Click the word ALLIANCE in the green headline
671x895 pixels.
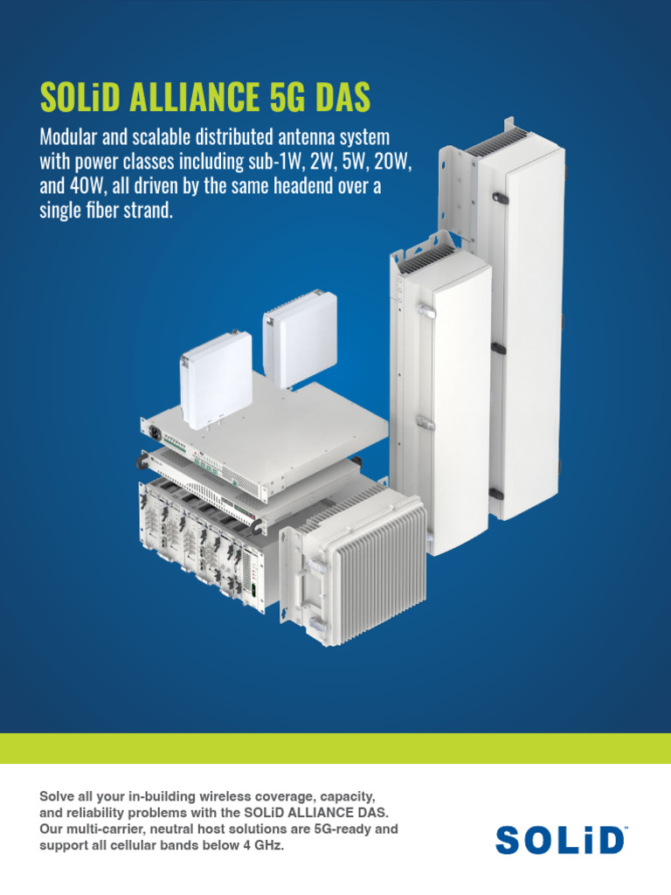(x=194, y=96)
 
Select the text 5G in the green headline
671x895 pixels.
(x=287, y=96)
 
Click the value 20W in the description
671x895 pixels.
(x=392, y=162)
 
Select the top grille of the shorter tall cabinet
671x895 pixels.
(x=426, y=258)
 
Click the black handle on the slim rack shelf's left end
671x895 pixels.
(x=140, y=460)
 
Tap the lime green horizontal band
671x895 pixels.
(x=335, y=748)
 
